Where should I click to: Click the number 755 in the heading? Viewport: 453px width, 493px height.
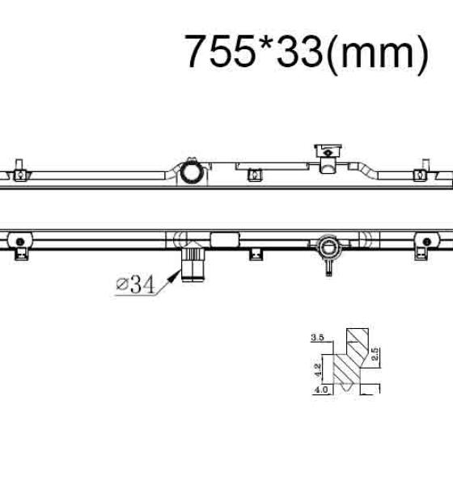tap(220, 50)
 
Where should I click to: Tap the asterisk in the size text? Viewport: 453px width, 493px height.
tap(265, 43)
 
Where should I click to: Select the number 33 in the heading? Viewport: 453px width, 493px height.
tap(299, 50)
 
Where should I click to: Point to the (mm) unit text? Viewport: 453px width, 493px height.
tap(377, 53)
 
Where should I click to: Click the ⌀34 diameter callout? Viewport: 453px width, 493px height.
tap(135, 284)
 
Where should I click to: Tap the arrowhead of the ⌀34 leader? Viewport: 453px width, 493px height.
tap(175, 276)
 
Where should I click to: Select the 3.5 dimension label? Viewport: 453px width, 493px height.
tap(317, 338)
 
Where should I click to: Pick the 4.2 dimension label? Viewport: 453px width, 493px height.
tap(318, 370)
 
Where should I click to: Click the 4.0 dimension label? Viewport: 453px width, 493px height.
tap(321, 390)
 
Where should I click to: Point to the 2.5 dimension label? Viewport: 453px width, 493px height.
tap(375, 354)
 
